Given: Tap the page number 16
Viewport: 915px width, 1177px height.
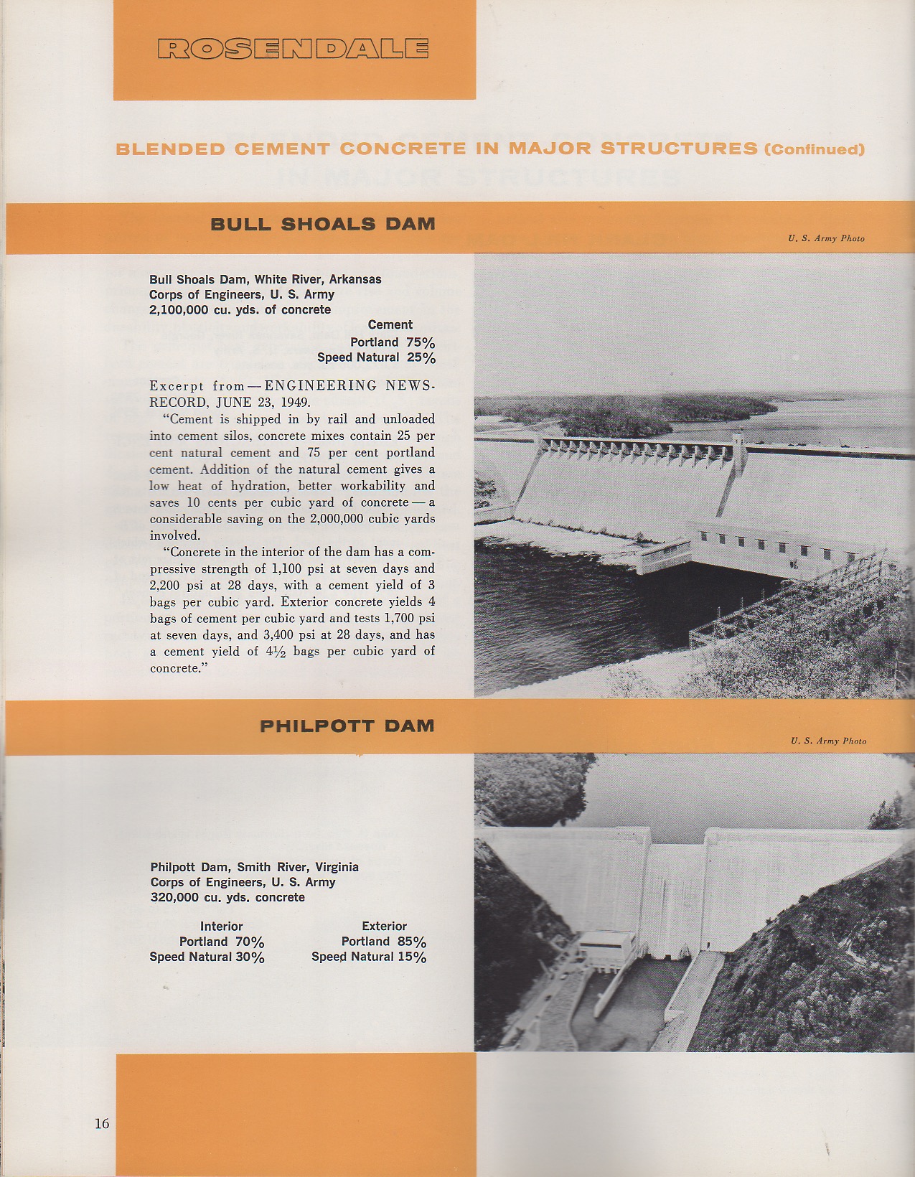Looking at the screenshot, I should tap(102, 1123).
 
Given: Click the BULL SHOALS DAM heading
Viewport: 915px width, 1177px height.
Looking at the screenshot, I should tap(322, 224).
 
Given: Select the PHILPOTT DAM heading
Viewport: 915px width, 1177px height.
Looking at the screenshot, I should tap(347, 726).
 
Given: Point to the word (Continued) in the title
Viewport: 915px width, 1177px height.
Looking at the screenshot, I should tap(815, 150).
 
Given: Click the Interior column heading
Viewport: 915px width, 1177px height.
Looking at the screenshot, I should tap(221, 927).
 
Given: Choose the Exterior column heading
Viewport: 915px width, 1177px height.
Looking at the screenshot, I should tap(384, 927).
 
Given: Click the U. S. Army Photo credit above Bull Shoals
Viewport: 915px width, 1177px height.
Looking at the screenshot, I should tap(826, 238).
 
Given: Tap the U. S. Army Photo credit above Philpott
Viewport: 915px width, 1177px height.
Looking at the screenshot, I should tap(828, 741).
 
